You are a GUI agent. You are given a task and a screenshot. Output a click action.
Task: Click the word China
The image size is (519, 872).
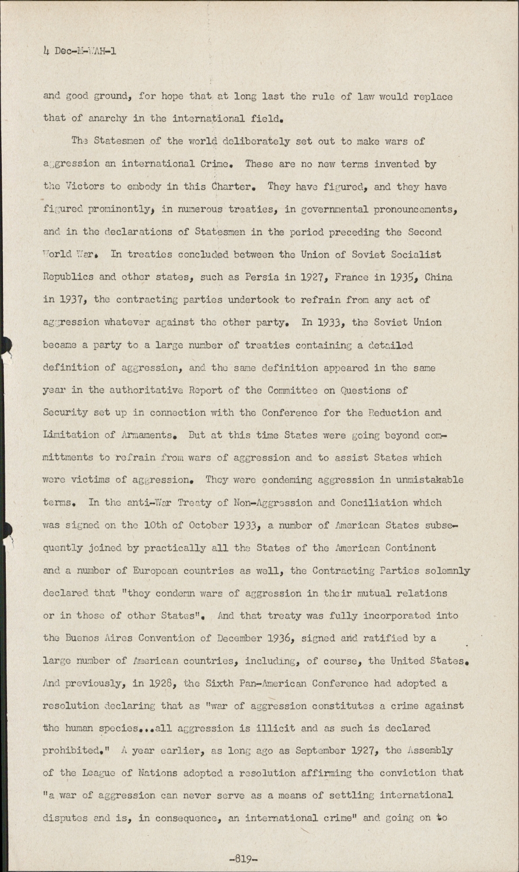pyautogui.click(x=439, y=277)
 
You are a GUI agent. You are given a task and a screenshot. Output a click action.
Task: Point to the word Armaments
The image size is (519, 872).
pyautogui.click(x=146, y=435)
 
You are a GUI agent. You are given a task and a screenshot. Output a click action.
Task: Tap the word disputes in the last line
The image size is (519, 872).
pyautogui.click(x=66, y=819)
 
